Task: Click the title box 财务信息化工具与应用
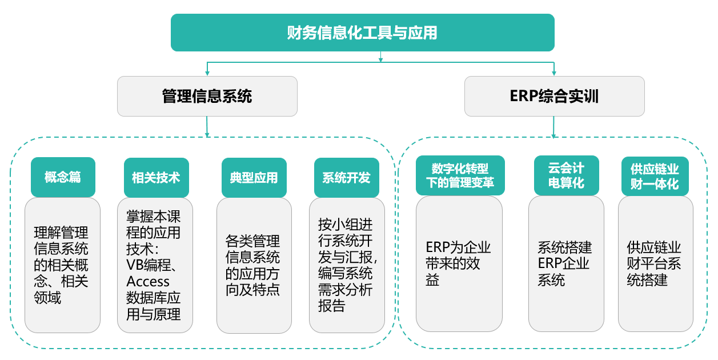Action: pyautogui.click(x=363, y=33)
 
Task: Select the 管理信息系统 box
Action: pyautogui.click(x=207, y=96)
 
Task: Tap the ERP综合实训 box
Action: pyautogui.click(x=554, y=96)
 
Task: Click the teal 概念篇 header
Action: pyautogui.click(x=63, y=177)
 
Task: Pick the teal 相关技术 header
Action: pyautogui.click(x=156, y=177)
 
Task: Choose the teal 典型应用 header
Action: pyautogui.click(x=254, y=177)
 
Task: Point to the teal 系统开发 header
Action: pyautogui.click(x=347, y=177)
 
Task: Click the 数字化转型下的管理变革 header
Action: pyautogui.click(x=460, y=175)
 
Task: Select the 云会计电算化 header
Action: pyautogui.click(x=567, y=175)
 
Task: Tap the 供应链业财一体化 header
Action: pyautogui.click(x=655, y=176)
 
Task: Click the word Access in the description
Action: pyautogui.click(x=148, y=282)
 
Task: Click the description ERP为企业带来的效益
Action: pyautogui.click(x=458, y=263)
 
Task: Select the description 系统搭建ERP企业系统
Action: pyautogui.click(x=564, y=263)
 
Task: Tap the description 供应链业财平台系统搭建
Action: pyautogui.click(x=653, y=263)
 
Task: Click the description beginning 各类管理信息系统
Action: pyautogui.click(x=252, y=266)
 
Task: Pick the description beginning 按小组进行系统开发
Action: pyautogui.click(x=347, y=265)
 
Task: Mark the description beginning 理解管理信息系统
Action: pyautogui.click(x=61, y=265)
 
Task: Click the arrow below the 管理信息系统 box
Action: pyautogui.click(x=207, y=127)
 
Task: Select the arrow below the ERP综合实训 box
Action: pyautogui.click(x=553, y=127)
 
